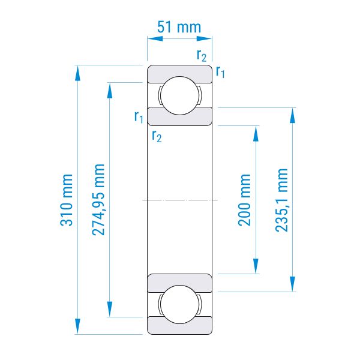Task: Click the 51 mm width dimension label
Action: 179,27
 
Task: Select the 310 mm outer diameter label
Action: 67,200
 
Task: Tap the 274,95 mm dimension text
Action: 98,200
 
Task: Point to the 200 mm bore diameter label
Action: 245,200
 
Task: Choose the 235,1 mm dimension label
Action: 281,200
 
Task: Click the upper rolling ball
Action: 180,95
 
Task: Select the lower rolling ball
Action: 180,304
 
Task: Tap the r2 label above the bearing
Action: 202,56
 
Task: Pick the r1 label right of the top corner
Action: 220,71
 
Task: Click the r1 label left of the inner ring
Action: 139,116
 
